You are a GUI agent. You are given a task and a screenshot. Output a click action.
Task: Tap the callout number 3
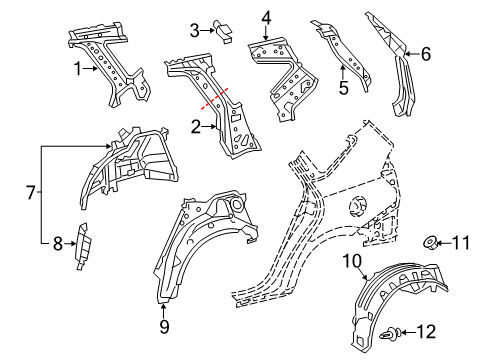(x=196, y=28)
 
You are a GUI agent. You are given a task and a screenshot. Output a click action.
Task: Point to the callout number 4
(x=266, y=16)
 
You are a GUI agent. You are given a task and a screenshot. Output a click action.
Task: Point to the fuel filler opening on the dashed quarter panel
(x=356, y=207)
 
